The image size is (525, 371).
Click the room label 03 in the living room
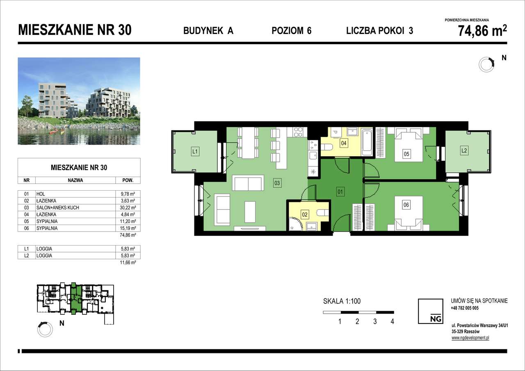277,183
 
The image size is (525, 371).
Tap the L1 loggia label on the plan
195,152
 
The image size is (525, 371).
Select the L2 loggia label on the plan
464,151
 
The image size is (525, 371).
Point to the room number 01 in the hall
340,191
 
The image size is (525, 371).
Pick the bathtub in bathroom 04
367,142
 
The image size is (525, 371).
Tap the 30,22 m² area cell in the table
128,208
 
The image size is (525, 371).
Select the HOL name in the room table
40,194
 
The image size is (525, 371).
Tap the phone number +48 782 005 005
464,308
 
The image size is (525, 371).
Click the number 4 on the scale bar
393,321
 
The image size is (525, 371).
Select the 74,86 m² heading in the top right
482,31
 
